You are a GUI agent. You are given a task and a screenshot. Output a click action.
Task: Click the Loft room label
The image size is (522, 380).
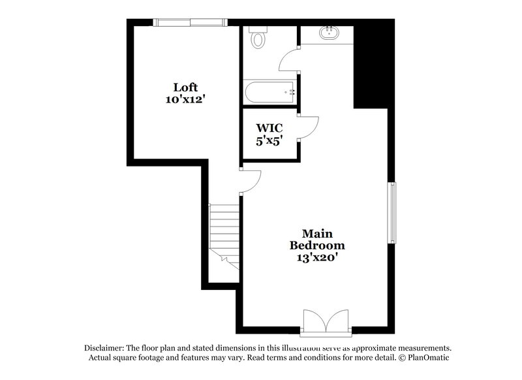(185, 87)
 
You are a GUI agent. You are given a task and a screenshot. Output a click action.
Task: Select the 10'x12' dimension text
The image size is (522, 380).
(185, 99)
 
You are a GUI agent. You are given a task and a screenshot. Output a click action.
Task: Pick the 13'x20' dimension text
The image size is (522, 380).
(317, 257)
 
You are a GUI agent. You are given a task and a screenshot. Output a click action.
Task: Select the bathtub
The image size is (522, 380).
(269, 92)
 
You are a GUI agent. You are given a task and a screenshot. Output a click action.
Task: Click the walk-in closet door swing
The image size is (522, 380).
(309, 127)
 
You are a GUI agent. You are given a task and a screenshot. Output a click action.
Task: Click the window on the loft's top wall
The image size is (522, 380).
(190, 22)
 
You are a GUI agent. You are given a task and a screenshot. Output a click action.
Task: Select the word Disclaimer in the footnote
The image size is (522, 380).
(107, 348)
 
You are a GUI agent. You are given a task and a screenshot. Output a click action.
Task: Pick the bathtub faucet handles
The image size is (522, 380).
(289, 92)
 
